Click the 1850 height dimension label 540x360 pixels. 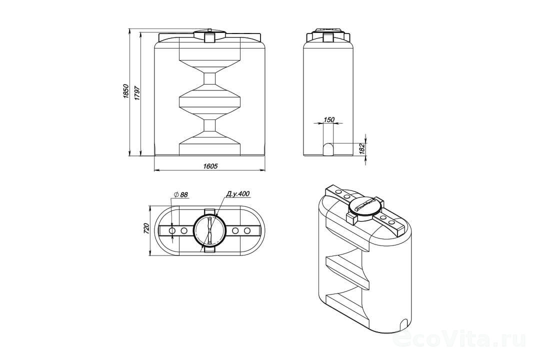coord(126,91)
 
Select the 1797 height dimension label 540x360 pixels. coord(138,92)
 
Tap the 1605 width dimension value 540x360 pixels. coord(210,166)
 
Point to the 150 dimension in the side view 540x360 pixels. coord(329,119)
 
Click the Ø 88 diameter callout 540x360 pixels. coord(181,194)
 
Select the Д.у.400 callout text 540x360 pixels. coord(237,193)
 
